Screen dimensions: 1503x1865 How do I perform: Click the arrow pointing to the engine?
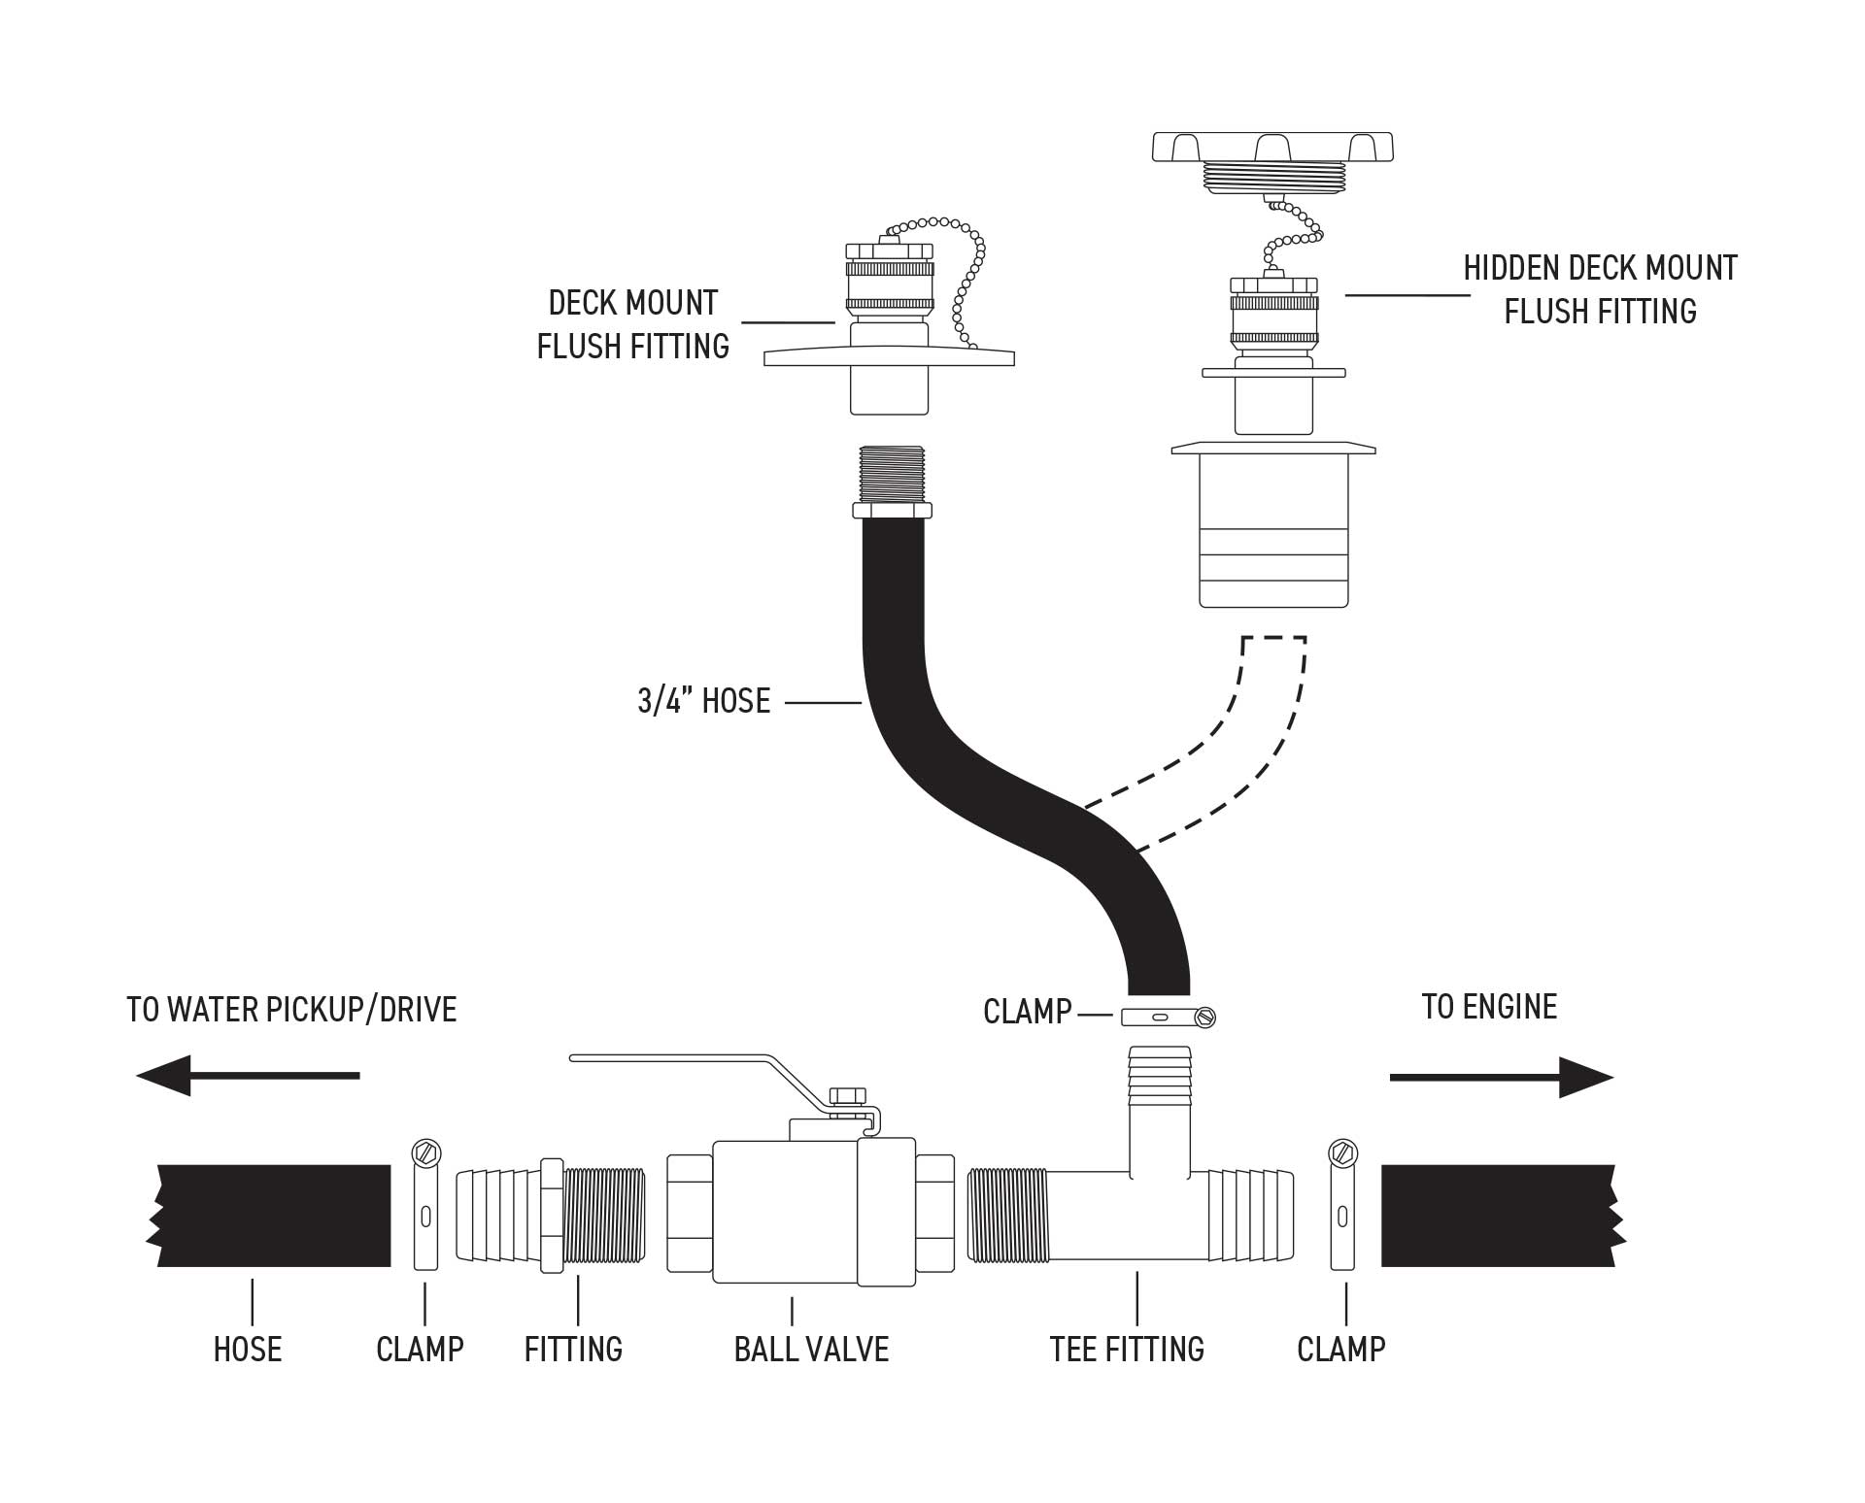coord(1501,1077)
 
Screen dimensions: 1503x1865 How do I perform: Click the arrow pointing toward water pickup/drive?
coord(248,1075)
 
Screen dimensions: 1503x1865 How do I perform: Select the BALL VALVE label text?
coord(811,1350)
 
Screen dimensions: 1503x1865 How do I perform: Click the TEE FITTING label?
coord(1127,1350)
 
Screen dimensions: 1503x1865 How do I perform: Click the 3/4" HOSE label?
coord(703,701)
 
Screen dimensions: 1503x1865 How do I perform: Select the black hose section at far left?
coord(272,1216)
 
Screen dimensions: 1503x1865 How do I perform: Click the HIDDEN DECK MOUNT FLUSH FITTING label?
coord(1600,289)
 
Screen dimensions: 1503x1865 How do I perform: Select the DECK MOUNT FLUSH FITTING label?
coord(633,324)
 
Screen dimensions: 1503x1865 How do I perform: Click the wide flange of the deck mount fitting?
coord(889,358)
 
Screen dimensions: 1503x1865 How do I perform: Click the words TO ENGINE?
coord(1489,1007)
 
